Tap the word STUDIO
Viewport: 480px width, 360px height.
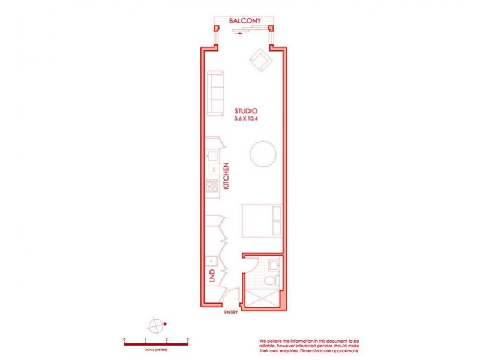[246, 111]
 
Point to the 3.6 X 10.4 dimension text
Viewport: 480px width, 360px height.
[246, 119]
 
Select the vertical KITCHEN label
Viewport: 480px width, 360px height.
[226, 176]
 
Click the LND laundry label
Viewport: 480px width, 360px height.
[211, 277]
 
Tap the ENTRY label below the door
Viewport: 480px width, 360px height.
[231, 313]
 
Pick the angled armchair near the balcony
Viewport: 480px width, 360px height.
[260, 59]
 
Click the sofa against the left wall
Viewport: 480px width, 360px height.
[215, 93]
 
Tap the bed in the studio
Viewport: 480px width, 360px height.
[262, 220]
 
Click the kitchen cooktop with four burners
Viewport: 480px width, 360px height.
[212, 186]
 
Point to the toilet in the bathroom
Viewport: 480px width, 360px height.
[272, 280]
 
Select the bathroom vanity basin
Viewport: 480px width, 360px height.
[274, 263]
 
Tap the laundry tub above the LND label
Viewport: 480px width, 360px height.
[211, 262]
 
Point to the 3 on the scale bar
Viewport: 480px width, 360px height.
[188, 340]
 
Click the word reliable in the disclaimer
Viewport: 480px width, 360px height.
[267, 345]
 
